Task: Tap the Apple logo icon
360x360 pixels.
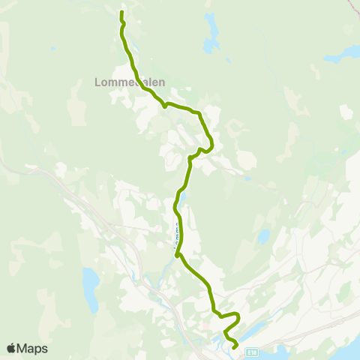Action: [x=11, y=348]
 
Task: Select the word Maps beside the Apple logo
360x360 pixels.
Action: [x=32, y=348]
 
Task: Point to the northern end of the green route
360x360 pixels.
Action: [x=121, y=12]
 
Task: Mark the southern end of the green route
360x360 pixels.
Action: [x=235, y=347]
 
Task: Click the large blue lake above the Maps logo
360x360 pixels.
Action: [x=90, y=289]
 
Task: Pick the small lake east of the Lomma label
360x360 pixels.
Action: [x=262, y=236]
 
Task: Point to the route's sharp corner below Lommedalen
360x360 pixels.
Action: [x=164, y=106]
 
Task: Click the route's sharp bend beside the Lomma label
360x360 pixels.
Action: [x=178, y=256]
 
